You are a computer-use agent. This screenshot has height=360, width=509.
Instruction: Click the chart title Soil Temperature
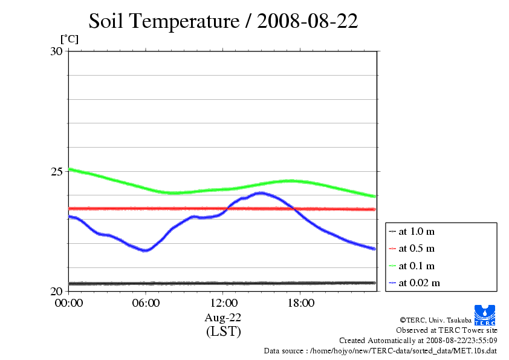pyautogui.click(x=164, y=22)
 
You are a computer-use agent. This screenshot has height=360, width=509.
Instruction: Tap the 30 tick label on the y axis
pyautogui.click(x=56, y=51)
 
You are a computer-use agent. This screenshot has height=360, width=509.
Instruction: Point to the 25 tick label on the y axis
pyautogui.click(x=56, y=171)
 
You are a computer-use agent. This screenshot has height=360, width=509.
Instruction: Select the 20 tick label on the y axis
pyautogui.click(x=56, y=291)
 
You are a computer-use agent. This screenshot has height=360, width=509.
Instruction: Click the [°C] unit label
pyautogui.click(x=69, y=39)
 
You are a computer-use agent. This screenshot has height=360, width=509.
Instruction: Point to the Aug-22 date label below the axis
pyautogui.click(x=223, y=318)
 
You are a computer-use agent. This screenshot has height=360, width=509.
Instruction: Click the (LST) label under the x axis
pyautogui.click(x=223, y=332)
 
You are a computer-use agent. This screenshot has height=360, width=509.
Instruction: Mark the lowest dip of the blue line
pyautogui.click(x=145, y=250)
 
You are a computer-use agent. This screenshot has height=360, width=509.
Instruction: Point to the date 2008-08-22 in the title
pyautogui.click(x=308, y=22)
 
